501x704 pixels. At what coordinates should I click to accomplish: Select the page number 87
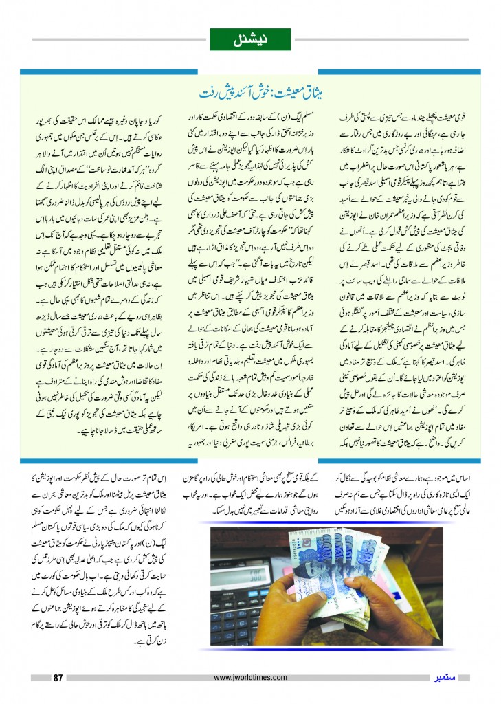click(58, 678)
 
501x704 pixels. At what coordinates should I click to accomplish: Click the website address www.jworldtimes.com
click(250, 678)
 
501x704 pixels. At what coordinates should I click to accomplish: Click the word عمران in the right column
click(394, 217)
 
